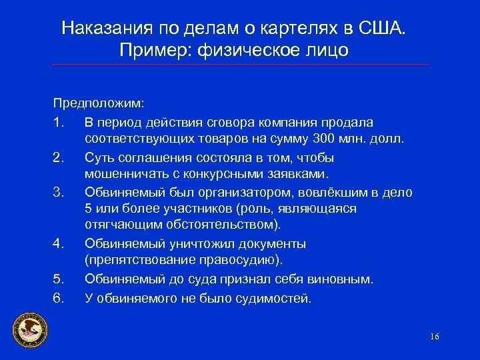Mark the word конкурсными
point(230,175)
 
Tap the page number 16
point(435,336)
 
